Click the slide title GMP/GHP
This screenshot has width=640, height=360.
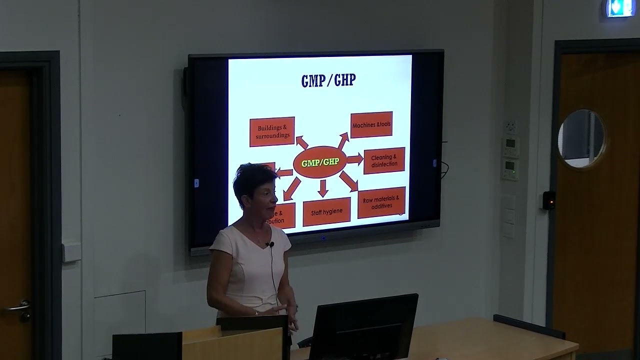(x=328, y=80)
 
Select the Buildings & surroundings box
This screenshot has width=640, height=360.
(x=272, y=131)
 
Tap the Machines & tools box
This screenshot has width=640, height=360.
(x=371, y=124)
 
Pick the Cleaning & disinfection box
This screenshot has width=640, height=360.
(x=384, y=160)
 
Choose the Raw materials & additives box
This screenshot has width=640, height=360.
(x=381, y=202)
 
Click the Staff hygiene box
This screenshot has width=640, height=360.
(x=326, y=212)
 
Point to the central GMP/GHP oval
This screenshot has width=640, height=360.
(x=320, y=162)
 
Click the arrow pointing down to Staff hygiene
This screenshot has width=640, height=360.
(x=323, y=187)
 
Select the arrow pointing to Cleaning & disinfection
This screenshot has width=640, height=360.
(x=355, y=159)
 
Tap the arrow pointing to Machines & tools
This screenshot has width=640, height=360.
(x=343, y=140)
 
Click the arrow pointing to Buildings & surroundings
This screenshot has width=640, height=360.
(x=301, y=142)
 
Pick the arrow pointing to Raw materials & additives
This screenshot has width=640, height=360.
(x=348, y=180)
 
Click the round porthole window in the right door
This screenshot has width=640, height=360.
(x=581, y=138)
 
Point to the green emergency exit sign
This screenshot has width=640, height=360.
(x=620, y=8)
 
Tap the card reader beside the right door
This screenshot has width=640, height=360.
(x=549, y=200)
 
